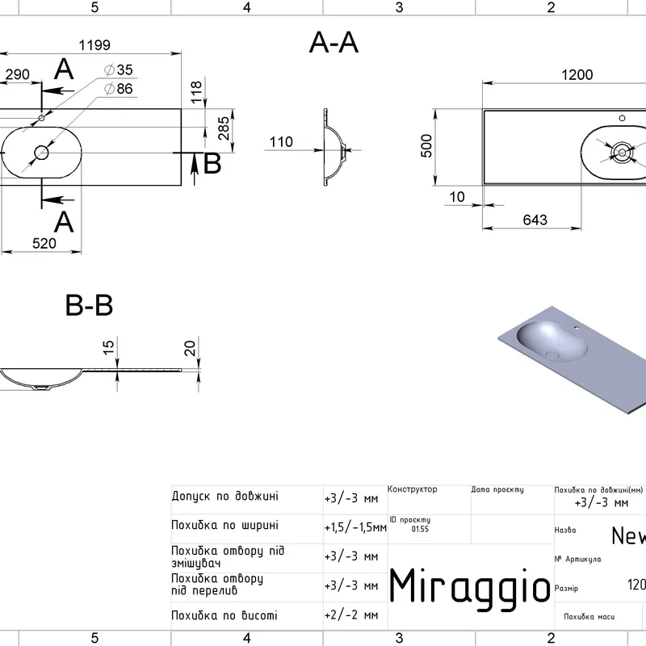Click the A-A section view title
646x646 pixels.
(x=333, y=44)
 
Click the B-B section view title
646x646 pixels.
(x=89, y=306)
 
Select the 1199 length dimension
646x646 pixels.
(x=94, y=44)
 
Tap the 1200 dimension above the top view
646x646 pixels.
(x=577, y=75)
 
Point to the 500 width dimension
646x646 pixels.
(x=427, y=145)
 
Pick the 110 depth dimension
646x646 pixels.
(x=280, y=142)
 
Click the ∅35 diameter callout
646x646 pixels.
(x=119, y=70)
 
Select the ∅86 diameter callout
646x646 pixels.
(x=119, y=89)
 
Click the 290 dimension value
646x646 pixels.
(x=17, y=75)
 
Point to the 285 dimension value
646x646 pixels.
(x=224, y=128)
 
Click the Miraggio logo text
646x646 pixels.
(x=470, y=585)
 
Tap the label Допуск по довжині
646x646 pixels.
(x=225, y=496)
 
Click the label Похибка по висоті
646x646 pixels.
(x=224, y=615)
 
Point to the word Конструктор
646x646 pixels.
(x=413, y=489)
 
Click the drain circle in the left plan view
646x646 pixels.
(x=41, y=151)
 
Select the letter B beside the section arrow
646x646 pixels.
(x=212, y=164)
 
